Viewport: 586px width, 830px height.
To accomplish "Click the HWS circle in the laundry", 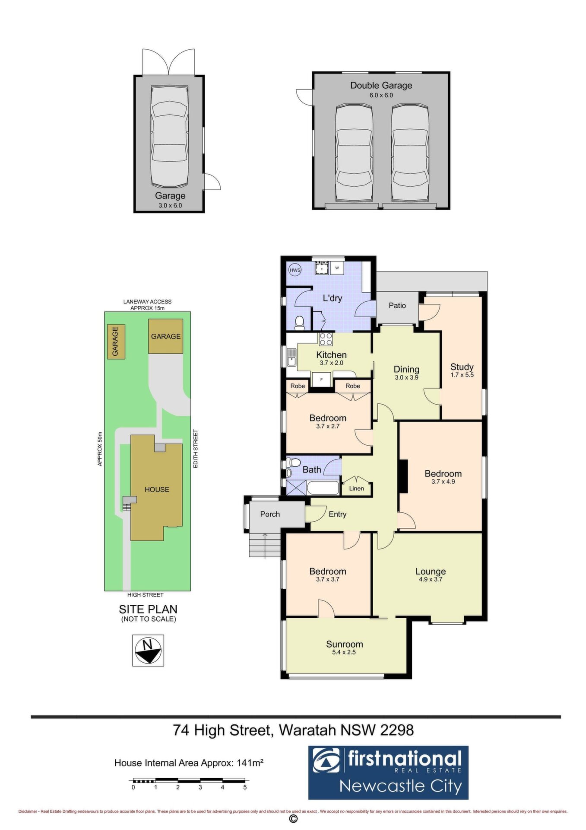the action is pos(295,270).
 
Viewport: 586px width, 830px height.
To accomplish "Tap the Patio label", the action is pos(397,305).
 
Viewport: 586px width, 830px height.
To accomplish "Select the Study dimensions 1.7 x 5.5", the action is pos(462,375).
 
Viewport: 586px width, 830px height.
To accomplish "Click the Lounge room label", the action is pos(431,571).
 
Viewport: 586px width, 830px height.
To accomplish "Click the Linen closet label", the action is pos(356,488).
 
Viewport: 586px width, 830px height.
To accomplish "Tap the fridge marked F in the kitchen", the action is pos(321,380).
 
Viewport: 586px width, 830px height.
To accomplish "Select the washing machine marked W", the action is pos(337,268).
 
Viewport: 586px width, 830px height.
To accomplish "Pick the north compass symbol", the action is pos(148,650).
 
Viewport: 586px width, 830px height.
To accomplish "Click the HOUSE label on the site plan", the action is pos(157,489).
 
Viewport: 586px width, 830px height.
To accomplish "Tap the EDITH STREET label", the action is pos(196,448).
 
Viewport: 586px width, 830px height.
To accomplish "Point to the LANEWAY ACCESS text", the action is pos(147,302).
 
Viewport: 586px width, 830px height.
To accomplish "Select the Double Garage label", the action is pos(381,86).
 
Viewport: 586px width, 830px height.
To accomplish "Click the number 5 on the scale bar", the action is pos(245,787).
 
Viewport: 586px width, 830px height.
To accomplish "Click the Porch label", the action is pos(270,514).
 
